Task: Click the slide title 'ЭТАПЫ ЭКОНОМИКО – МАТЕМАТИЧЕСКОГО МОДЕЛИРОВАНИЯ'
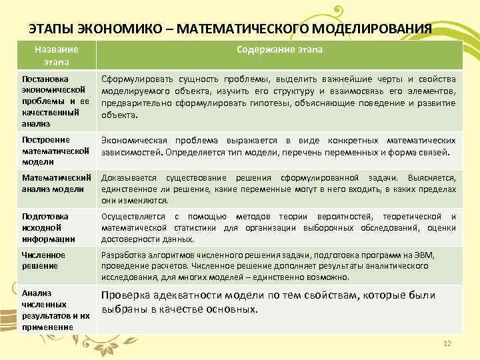click(x=231, y=29)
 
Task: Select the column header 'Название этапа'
click(x=57, y=55)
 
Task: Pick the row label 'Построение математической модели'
click(x=56, y=151)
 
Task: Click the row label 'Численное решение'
click(x=44, y=260)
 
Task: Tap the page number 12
click(x=447, y=343)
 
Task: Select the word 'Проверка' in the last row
click(x=123, y=296)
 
